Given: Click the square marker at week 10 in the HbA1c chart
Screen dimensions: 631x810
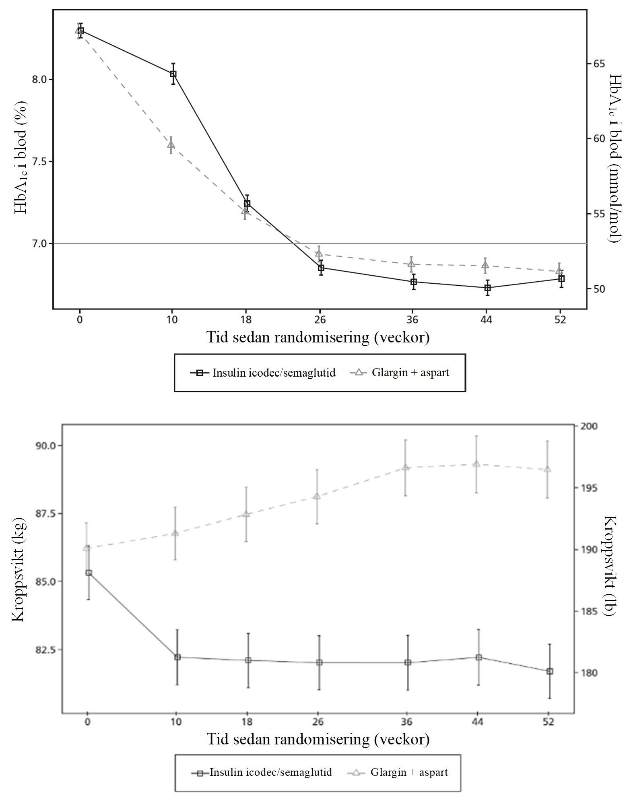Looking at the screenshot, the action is (x=173, y=74).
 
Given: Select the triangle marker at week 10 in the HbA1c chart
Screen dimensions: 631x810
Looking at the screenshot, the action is (x=171, y=144).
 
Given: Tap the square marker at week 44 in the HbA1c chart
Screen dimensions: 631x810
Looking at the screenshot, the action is (x=487, y=288).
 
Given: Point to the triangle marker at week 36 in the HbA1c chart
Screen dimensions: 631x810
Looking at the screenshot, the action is (x=411, y=264).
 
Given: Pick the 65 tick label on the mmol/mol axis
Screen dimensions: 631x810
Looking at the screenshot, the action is (x=599, y=64).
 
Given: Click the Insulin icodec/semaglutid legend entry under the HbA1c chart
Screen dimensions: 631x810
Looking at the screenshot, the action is (x=263, y=373).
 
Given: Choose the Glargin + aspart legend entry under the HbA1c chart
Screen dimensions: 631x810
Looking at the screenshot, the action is (x=400, y=373).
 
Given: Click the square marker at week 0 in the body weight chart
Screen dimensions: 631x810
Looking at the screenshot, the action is (x=89, y=573).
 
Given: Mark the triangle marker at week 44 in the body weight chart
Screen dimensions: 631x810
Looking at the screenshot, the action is (x=476, y=464).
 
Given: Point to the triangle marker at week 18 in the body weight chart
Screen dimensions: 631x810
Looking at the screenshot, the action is (x=246, y=514).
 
